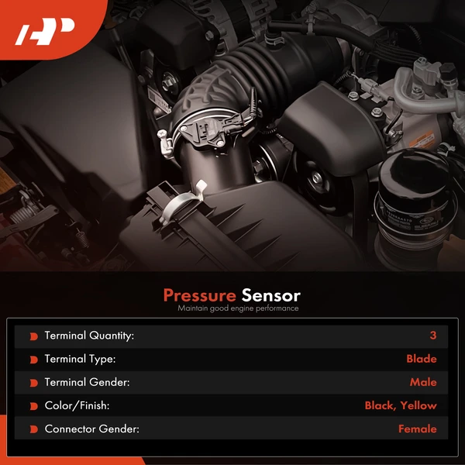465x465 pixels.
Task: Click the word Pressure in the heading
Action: (199, 295)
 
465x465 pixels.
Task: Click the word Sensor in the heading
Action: (270, 295)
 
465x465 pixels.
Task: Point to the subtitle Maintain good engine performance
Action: (237, 308)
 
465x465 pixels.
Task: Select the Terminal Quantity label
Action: (89, 336)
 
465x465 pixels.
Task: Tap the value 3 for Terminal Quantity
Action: (433, 336)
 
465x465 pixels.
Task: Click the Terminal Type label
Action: (80, 359)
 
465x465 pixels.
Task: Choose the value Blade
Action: (421, 359)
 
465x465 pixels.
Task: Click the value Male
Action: (423, 382)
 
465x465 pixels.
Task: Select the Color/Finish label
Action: (77, 405)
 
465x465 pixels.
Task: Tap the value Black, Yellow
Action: (401, 405)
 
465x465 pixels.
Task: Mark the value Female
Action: (417, 429)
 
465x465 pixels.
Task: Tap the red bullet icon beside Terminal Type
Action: (33, 360)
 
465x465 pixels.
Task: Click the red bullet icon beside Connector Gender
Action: (33, 429)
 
